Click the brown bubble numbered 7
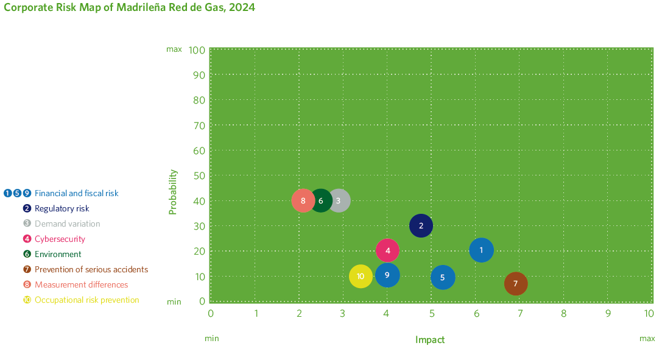coord(516,284)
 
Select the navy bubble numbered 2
coord(421,226)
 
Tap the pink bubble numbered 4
coord(387,250)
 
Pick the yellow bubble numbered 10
coord(361,277)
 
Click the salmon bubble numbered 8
coord(303,201)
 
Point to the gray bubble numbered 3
coord(339,201)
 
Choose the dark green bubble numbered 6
coord(320,201)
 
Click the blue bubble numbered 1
coord(481,250)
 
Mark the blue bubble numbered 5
coord(443,278)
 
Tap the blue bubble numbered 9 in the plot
coord(387,275)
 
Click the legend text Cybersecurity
coord(60,239)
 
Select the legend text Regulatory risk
coord(62,208)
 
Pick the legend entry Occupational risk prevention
coord(86,300)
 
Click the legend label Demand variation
coord(67,224)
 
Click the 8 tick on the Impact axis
coord(564,314)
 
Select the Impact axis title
coord(430,340)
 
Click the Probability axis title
coord(173,191)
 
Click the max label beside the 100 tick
coord(174,49)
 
